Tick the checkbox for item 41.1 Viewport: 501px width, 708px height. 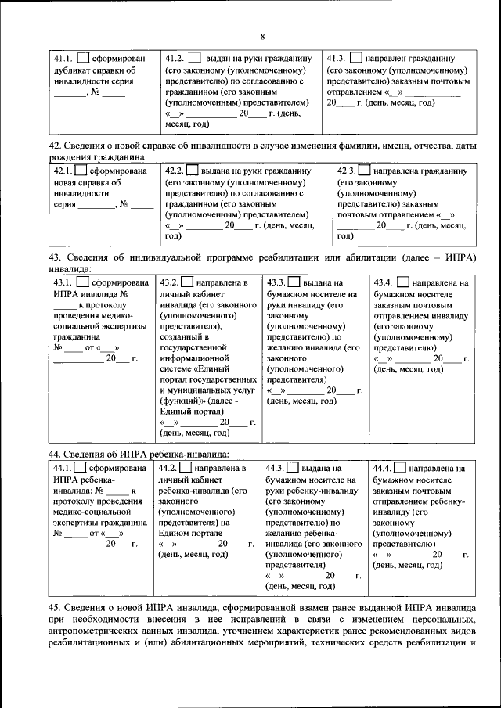pos(82,59)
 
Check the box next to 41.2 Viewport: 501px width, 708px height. pos(194,59)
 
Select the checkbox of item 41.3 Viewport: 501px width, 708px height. pos(355,59)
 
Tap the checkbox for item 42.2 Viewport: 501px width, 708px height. pos(194,171)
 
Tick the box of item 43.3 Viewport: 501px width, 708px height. pos(294,282)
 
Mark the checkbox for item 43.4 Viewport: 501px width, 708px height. pos(401,282)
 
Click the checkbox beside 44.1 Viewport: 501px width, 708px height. pos(84,468)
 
